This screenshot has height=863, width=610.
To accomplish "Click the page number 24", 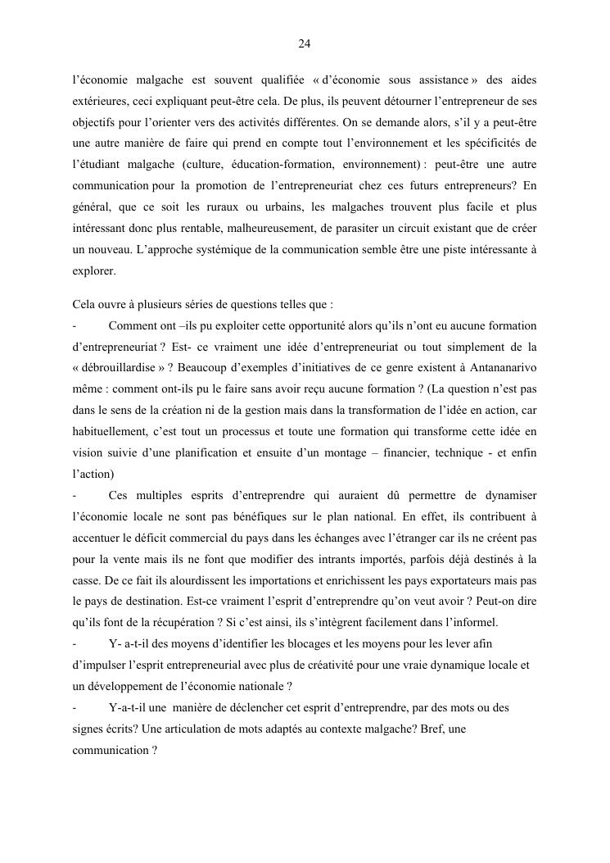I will coord(305,43).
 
